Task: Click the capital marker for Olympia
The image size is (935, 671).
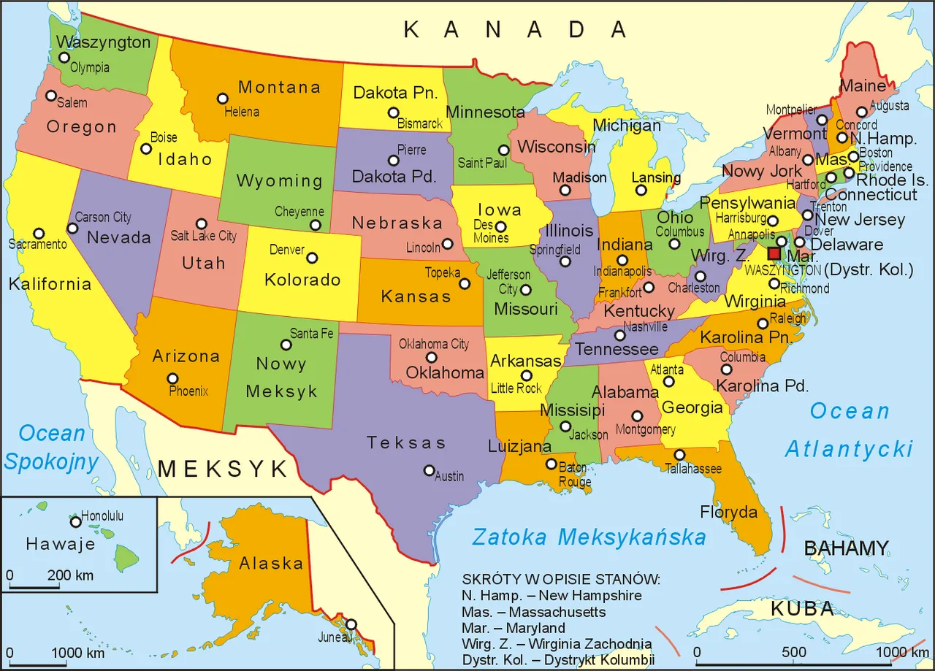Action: pos(65,57)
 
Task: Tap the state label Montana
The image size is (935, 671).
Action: pos(279,88)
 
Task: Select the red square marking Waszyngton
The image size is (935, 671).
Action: pos(774,253)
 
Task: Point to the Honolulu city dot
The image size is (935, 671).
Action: pos(75,521)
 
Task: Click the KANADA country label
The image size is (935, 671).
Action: pos(515,30)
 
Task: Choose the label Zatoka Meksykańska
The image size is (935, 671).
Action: pos(589,538)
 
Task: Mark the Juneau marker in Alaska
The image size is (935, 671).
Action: pos(351,624)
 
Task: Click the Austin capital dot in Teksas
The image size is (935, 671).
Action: pos(430,470)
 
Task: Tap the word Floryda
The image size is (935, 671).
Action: pos(729,513)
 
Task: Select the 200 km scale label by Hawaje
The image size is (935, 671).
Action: pos(71,575)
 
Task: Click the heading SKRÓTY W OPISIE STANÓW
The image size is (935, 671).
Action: pos(560,580)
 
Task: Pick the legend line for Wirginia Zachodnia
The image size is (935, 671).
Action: pos(557,643)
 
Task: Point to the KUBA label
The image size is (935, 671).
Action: pos(802,609)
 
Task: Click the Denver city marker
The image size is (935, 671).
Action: pos(312,258)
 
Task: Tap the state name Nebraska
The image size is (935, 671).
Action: pos(397,223)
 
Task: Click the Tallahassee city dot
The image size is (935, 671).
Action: pos(679,455)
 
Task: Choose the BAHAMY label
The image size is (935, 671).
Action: pos(846,548)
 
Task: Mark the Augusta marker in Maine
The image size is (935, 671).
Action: pos(862,112)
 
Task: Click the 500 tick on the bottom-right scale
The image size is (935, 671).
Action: pos(794,652)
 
